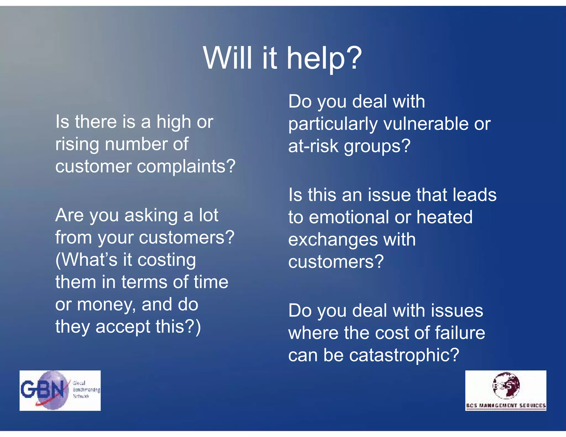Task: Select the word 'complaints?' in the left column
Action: point(186,167)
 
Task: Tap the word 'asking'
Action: point(151,215)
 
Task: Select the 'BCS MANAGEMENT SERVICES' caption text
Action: point(506,406)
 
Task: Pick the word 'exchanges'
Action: point(332,239)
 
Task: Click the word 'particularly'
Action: point(333,124)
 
